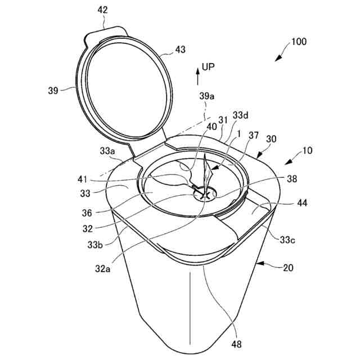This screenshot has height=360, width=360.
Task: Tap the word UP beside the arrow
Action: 209,67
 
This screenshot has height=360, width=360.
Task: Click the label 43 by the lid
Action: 180,49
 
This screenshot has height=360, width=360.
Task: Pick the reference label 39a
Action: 207,96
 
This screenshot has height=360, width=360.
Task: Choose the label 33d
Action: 240,116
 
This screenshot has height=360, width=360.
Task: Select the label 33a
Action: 108,151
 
